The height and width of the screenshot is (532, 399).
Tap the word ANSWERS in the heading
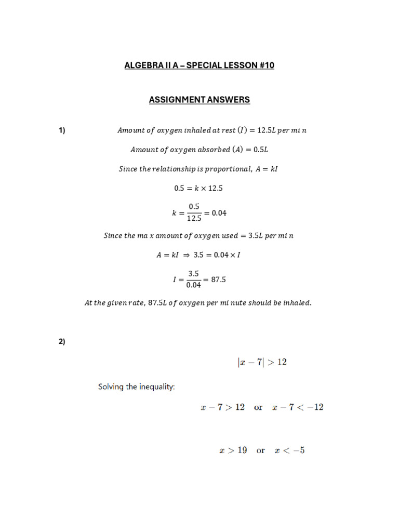pos(227,100)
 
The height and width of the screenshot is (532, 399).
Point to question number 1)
pos(62,130)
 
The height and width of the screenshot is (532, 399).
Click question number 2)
pos(62,341)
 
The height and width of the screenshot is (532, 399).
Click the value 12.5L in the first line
pos(260,130)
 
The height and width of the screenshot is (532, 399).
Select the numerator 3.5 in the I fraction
pos(194,273)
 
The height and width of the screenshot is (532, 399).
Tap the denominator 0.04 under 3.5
pos(193,285)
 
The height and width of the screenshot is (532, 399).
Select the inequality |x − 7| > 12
pos(261,362)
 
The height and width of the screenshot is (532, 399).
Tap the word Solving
pos(111,387)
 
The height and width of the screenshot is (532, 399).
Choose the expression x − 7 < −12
pos(298,407)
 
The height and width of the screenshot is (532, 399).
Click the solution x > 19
pos(233,450)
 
